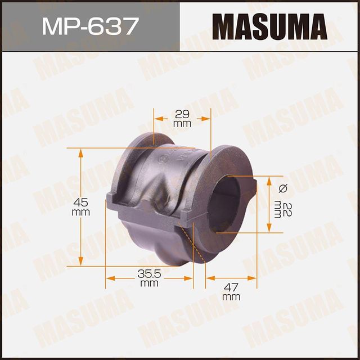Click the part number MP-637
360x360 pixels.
90,26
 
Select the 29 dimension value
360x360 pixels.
182,112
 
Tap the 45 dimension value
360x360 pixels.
82,203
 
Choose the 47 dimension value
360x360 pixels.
231,286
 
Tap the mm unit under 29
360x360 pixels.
182,123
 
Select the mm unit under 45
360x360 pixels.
82,213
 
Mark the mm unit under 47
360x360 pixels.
231,296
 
